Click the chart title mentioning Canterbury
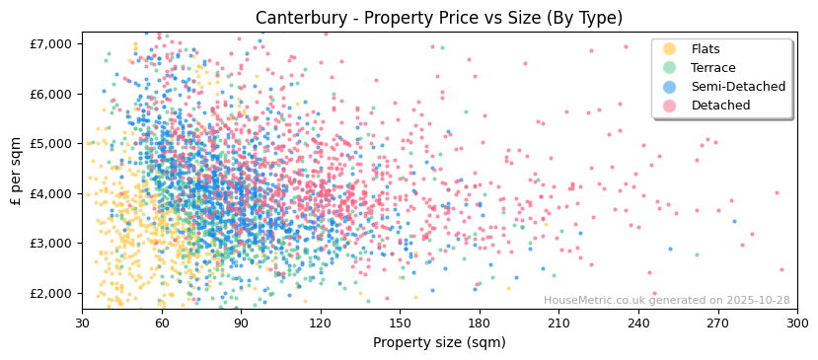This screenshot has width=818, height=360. coord(438,18)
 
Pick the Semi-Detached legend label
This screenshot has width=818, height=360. coord(738,87)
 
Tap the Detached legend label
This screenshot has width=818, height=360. coord(720,106)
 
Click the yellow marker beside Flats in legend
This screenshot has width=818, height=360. coord(670,49)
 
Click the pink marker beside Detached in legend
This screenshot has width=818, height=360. coord(670,106)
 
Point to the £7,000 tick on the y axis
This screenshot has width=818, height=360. coord(52,44)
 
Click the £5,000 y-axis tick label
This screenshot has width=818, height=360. coord(52,144)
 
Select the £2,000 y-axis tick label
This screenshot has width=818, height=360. coord(52,293)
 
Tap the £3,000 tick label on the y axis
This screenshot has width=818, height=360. coord(52,244)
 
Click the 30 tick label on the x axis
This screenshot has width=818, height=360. coord(83,323)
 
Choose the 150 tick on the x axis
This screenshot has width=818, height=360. coord(400,323)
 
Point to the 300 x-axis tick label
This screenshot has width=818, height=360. coord(797,323)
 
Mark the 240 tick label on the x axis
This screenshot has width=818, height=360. coord(638,323)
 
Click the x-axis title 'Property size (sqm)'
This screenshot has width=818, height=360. coord(438,342)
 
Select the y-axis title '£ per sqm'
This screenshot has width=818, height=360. coord(17,172)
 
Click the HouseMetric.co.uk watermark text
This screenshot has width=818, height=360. coord(666,301)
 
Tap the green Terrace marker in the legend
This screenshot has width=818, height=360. coord(670,68)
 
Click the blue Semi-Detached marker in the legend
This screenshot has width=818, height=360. coord(670,87)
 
